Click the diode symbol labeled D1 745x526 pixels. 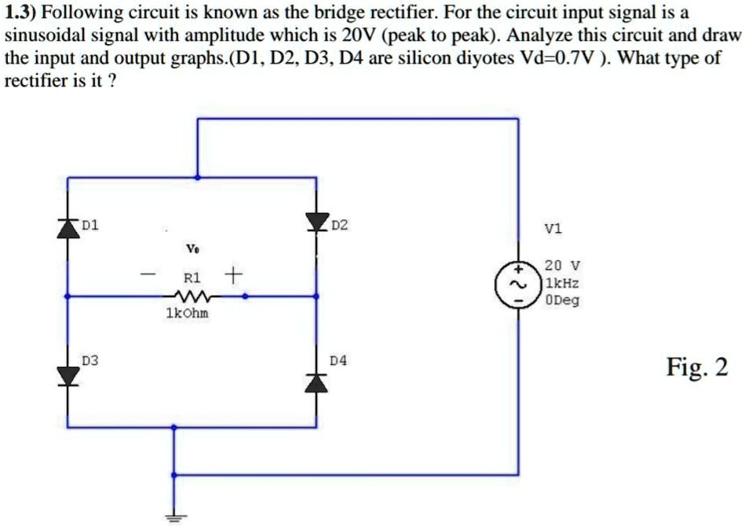coord(68,226)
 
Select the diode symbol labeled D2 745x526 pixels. coord(317,224)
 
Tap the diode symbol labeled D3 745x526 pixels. coord(68,375)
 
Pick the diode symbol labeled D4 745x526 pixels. coord(317,381)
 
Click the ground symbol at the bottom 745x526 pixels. coord(175,516)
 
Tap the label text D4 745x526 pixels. coord(338,361)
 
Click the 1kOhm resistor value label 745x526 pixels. coord(188,314)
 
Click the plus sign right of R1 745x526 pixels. coord(232,276)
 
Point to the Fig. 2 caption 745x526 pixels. coord(697,367)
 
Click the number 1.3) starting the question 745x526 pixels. coord(23,13)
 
